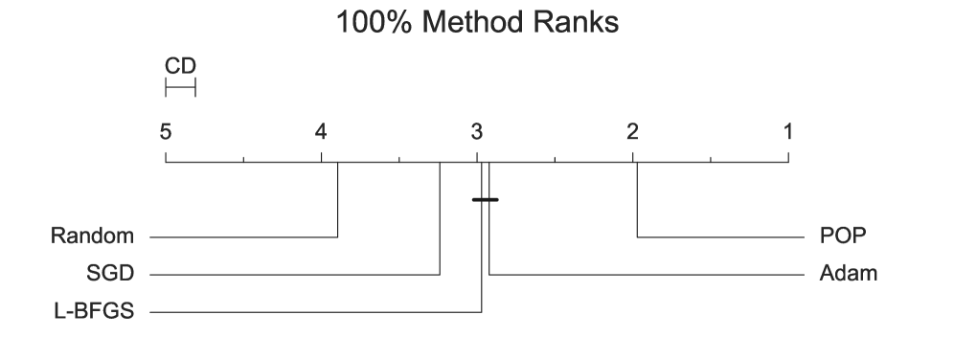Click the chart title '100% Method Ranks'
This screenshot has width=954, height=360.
tap(476, 23)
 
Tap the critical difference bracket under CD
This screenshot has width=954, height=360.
tap(180, 88)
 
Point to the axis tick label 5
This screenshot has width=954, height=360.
tap(166, 131)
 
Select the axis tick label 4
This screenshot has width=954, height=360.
tap(321, 131)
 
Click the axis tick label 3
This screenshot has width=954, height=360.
tap(477, 131)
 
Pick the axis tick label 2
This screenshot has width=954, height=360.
tap(632, 131)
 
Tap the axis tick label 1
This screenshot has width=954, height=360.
tap(788, 131)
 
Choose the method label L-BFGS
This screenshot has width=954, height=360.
tap(94, 312)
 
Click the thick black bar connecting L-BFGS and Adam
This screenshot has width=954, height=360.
tap(486, 199)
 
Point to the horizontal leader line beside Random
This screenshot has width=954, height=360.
tap(244, 236)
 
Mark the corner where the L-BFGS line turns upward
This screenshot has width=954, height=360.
tap(481, 312)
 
